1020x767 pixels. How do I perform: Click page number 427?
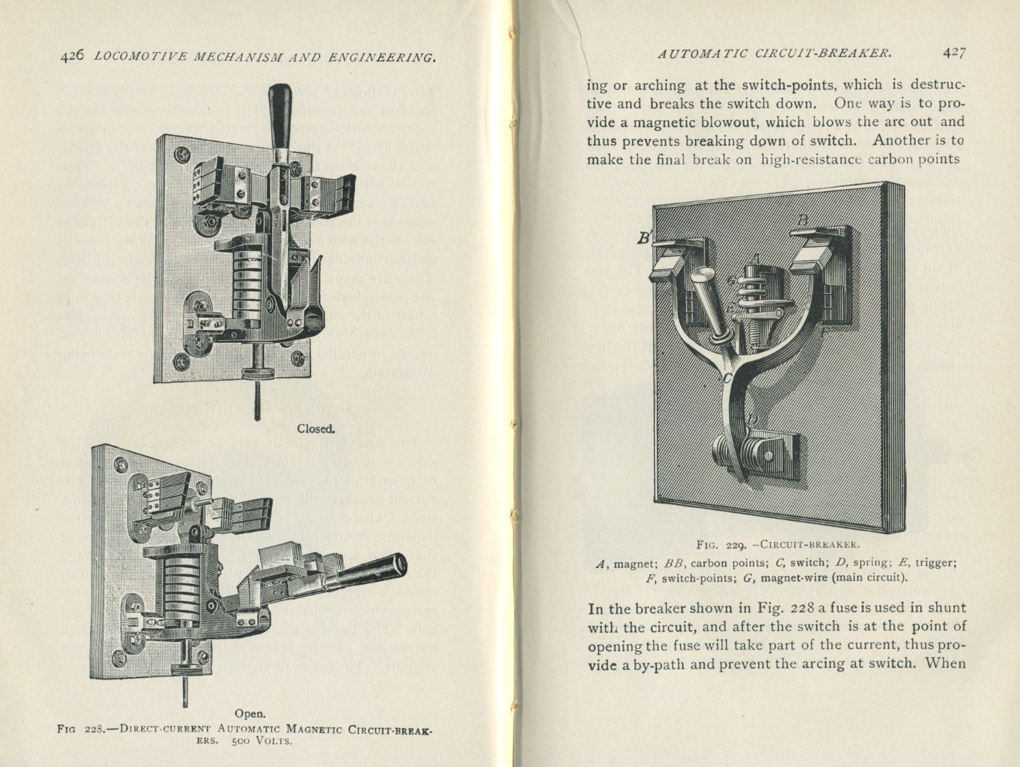coord(954,52)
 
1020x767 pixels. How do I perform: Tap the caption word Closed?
coord(316,428)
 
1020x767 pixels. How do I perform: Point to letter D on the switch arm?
coord(752,420)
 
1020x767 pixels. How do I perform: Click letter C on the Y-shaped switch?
coord(727,376)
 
